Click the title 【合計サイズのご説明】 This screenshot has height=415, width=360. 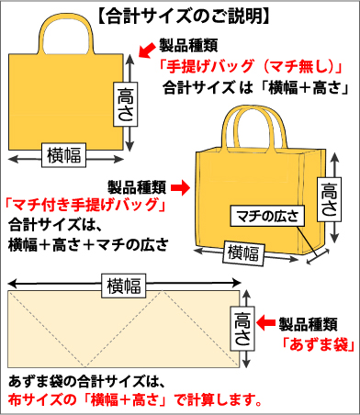(181, 15)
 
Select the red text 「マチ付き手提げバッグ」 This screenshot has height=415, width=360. (84, 205)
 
